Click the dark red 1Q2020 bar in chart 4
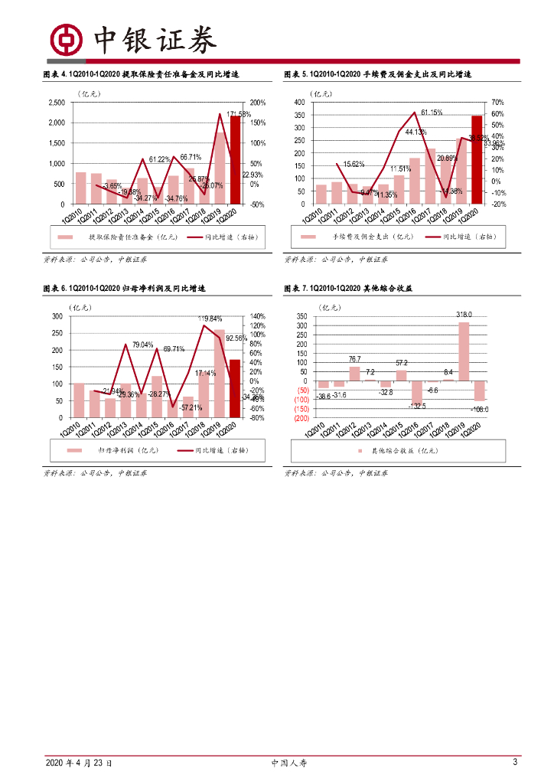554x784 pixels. click(235, 160)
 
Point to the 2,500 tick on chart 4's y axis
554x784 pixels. click(57, 103)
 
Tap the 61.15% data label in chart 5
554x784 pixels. click(432, 113)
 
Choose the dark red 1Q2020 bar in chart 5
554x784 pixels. click(477, 160)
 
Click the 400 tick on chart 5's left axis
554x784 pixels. click(299, 103)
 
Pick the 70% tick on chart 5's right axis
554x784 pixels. click(498, 103)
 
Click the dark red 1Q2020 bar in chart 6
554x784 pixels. click(235, 388)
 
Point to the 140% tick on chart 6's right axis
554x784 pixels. click(256, 316)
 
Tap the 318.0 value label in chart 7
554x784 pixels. click(464, 315)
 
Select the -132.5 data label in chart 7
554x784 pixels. click(417, 406)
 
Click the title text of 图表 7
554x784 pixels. click(349, 289)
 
